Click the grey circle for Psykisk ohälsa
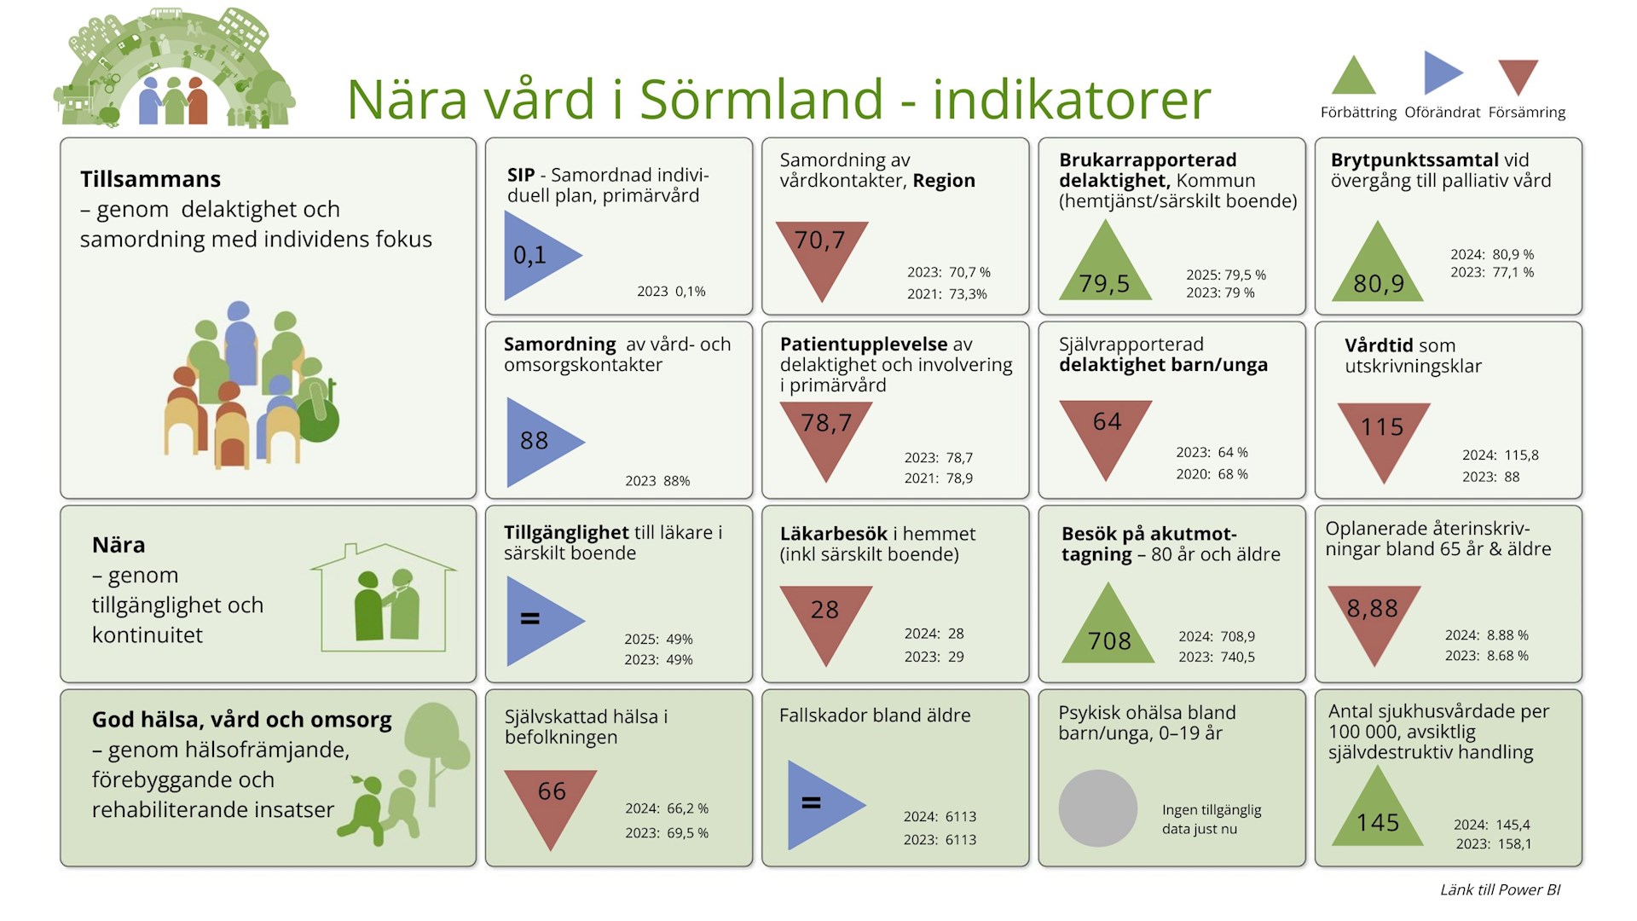(1098, 808)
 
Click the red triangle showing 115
(1383, 435)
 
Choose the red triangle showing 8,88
(1374, 617)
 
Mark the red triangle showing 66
(551, 802)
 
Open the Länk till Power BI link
(1501, 889)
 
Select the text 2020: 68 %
(1212, 474)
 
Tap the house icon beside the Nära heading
(384, 598)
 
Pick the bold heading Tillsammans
(150, 179)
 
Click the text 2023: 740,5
(1217, 657)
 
